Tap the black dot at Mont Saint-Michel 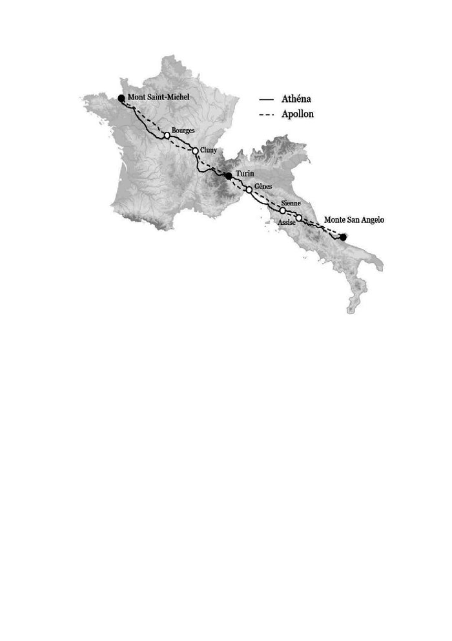(x=121, y=98)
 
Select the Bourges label (x=183, y=131)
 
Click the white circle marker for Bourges (x=167, y=135)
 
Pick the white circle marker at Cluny (x=195, y=151)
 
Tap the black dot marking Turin (x=229, y=176)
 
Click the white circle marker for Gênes (x=249, y=190)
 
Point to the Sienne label (x=292, y=204)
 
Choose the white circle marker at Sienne (x=283, y=211)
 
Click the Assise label (x=286, y=222)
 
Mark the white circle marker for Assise (x=298, y=218)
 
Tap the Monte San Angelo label (x=354, y=220)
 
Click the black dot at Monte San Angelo (x=343, y=237)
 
